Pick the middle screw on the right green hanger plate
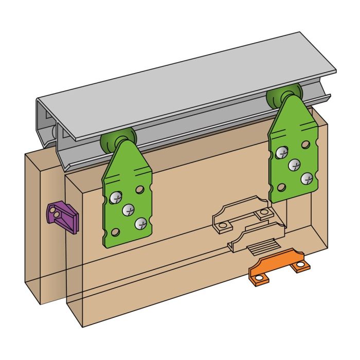tap(294, 165)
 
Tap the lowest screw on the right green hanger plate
tap(307, 178)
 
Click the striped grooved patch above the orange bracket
tap(262, 249)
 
